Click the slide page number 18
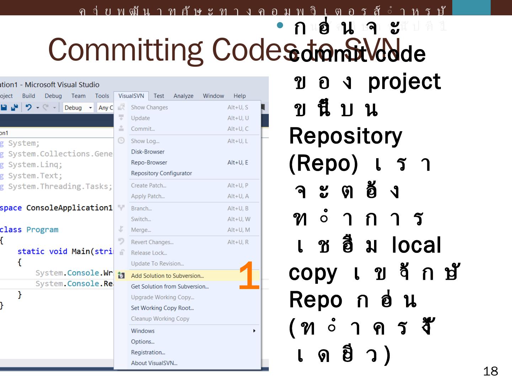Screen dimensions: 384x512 tap(490, 372)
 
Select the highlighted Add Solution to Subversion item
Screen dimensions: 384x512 tap(167, 276)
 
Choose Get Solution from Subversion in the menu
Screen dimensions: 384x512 tap(170, 286)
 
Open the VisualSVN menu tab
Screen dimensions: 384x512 tap(131, 96)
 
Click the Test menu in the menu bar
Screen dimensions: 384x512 tap(159, 96)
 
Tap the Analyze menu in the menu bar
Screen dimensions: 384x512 tap(183, 96)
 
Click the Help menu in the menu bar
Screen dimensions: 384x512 tap(239, 96)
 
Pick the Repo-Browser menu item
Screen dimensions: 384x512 tap(149, 162)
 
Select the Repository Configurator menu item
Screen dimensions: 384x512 tap(161, 173)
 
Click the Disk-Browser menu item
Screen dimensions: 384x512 tap(148, 152)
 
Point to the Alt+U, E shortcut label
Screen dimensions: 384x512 tap(238, 162)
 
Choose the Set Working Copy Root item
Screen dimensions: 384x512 tap(162, 308)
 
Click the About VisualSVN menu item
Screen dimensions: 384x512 tap(154, 363)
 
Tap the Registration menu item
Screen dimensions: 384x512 tap(148, 352)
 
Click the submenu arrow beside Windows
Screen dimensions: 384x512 tap(254, 331)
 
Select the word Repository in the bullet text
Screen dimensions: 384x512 tap(345, 136)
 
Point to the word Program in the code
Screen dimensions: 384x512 tap(42, 230)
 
